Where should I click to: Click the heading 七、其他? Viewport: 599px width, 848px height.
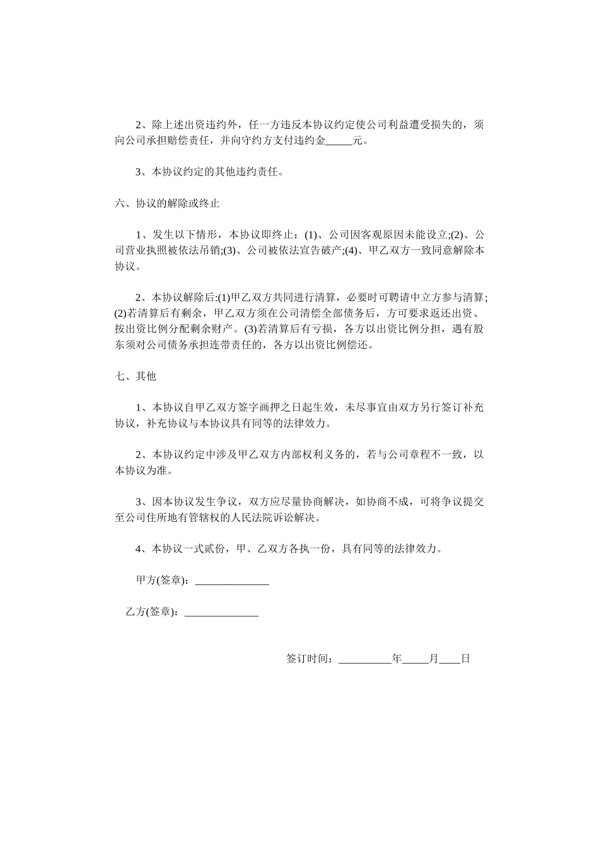coord(136,376)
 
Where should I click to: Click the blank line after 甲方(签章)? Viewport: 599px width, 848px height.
coord(232,581)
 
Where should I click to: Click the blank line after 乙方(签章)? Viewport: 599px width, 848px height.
coord(221,612)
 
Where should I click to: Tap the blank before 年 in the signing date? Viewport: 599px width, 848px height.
coord(365,659)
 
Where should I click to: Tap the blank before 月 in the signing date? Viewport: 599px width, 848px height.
coord(416,659)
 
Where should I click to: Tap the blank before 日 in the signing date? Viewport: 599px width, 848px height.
coord(450,659)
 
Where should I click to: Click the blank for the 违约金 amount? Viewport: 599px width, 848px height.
coord(339,141)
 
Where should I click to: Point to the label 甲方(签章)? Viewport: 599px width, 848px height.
coord(161,581)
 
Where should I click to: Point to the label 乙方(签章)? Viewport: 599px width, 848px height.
coord(151,612)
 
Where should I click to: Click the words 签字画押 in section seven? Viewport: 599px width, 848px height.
coord(262,408)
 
